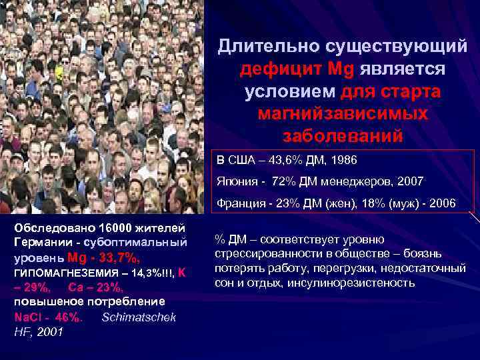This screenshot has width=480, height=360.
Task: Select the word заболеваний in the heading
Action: (343, 136)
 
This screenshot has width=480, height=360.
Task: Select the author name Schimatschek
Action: (139, 317)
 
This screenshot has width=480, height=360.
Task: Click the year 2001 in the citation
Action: (49, 331)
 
